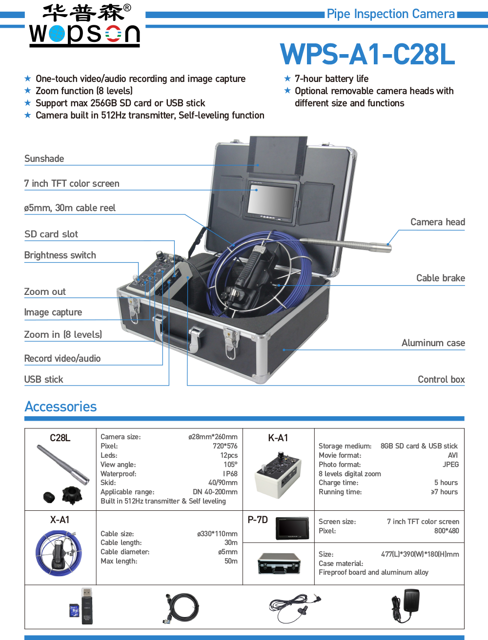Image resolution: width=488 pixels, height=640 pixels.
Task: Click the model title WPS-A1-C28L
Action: pos(367,55)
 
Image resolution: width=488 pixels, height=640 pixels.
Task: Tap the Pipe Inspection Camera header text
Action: pos(391,14)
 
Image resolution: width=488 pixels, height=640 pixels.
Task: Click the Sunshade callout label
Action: pos(44,159)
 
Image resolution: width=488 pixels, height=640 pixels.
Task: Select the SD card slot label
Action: pos(51,234)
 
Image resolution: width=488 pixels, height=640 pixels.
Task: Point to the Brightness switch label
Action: pos(60,255)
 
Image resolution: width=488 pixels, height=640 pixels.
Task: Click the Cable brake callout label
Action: pos(440,278)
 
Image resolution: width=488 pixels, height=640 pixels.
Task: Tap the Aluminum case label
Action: pos(433,343)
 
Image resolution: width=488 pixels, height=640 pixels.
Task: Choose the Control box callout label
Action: pos(441,380)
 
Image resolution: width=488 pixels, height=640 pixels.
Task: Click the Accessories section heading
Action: pos(61,407)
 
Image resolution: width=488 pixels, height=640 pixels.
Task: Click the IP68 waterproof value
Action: pos(230,474)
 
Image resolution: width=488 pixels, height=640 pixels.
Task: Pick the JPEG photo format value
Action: pos(450,465)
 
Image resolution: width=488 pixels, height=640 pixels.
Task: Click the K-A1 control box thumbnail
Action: pos(278,475)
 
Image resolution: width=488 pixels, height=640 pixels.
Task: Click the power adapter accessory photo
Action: pos(405,605)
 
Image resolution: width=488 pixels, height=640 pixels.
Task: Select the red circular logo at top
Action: pos(114,34)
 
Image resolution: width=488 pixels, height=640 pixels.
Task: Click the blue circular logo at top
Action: pos(57,34)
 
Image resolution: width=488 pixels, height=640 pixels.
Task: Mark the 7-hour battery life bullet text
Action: pos(331,79)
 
